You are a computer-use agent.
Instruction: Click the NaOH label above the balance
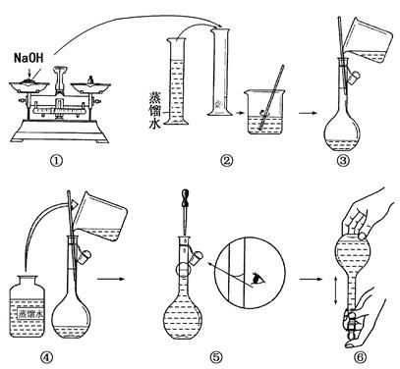(x=29, y=58)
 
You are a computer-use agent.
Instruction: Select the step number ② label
(x=227, y=161)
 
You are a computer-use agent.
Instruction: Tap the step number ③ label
(x=343, y=161)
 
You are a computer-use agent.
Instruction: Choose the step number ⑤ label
(x=216, y=357)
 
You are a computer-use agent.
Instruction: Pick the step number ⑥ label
(x=361, y=357)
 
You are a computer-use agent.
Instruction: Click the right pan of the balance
(x=90, y=86)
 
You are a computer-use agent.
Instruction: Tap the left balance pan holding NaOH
(x=29, y=86)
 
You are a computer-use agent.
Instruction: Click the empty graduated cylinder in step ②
(x=219, y=72)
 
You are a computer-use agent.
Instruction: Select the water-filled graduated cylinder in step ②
(x=177, y=81)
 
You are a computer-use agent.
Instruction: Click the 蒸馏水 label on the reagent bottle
(x=30, y=314)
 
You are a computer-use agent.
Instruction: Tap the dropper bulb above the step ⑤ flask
(x=185, y=195)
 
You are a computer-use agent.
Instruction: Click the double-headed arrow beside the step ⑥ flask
(x=335, y=290)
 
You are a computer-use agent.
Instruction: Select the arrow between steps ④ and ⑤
(x=111, y=279)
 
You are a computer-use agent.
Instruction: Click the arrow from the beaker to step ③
(x=308, y=113)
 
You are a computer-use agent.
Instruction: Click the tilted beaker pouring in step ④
(x=99, y=217)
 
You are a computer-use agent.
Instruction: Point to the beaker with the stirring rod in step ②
(x=264, y=112)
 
